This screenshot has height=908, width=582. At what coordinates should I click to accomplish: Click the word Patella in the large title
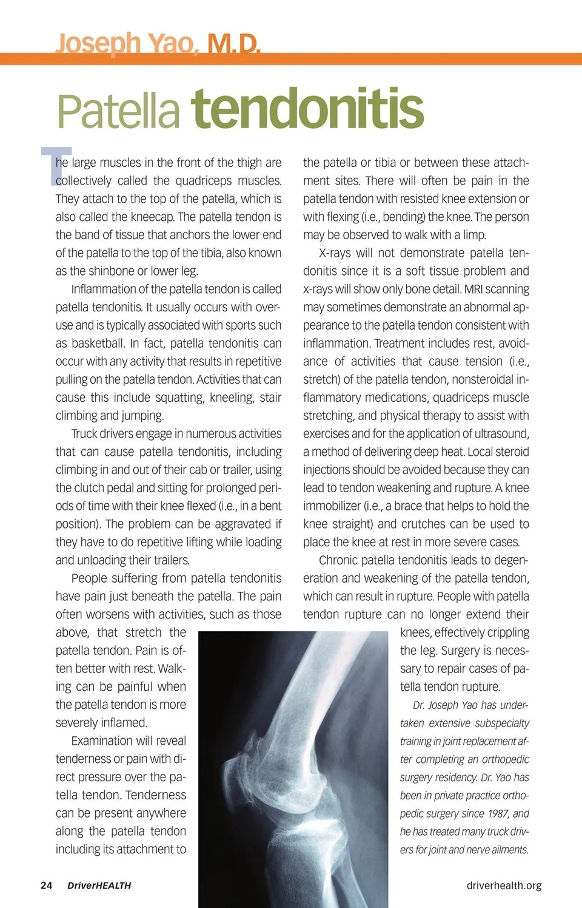pos(118,110)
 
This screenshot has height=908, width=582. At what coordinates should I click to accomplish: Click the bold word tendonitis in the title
pos(307,109)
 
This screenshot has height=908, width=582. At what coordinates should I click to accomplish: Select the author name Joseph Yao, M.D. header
pos(158,44)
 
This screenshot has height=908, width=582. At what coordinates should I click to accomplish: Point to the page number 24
pos(46,886)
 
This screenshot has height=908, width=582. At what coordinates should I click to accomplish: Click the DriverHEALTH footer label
pos(99,886)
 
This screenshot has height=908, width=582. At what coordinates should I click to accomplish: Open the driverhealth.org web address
pos(504,886)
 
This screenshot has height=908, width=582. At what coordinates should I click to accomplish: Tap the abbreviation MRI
pos(473,289)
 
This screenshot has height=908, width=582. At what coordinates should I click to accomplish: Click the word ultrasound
pos(501,434)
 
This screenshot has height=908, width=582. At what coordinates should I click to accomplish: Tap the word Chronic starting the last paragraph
pos(341,560)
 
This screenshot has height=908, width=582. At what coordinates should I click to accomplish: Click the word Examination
pos(102,741)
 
